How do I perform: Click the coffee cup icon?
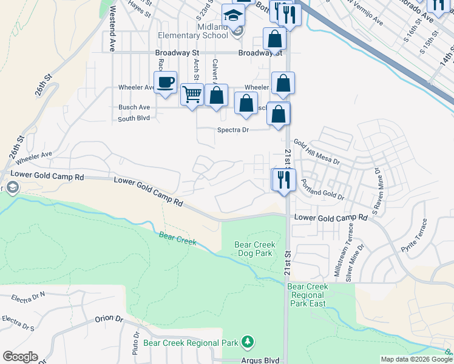pyautogui.click(x=165, y=83)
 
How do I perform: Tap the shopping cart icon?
pyautogui.click(x=192, y=95)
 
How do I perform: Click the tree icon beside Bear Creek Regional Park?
pyautogui.click(x=247, y=342)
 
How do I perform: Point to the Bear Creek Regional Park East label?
pyautogui.click(x=308, y=295)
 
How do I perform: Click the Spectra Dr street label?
pyautogui.click(x=233, y=130)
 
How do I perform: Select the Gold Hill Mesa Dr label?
pyautogui.click(x=317, y=152)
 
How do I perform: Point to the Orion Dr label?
pyautogui.click(x=109, y=318)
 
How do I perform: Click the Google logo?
pyautogui.click(x=20, y=357)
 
